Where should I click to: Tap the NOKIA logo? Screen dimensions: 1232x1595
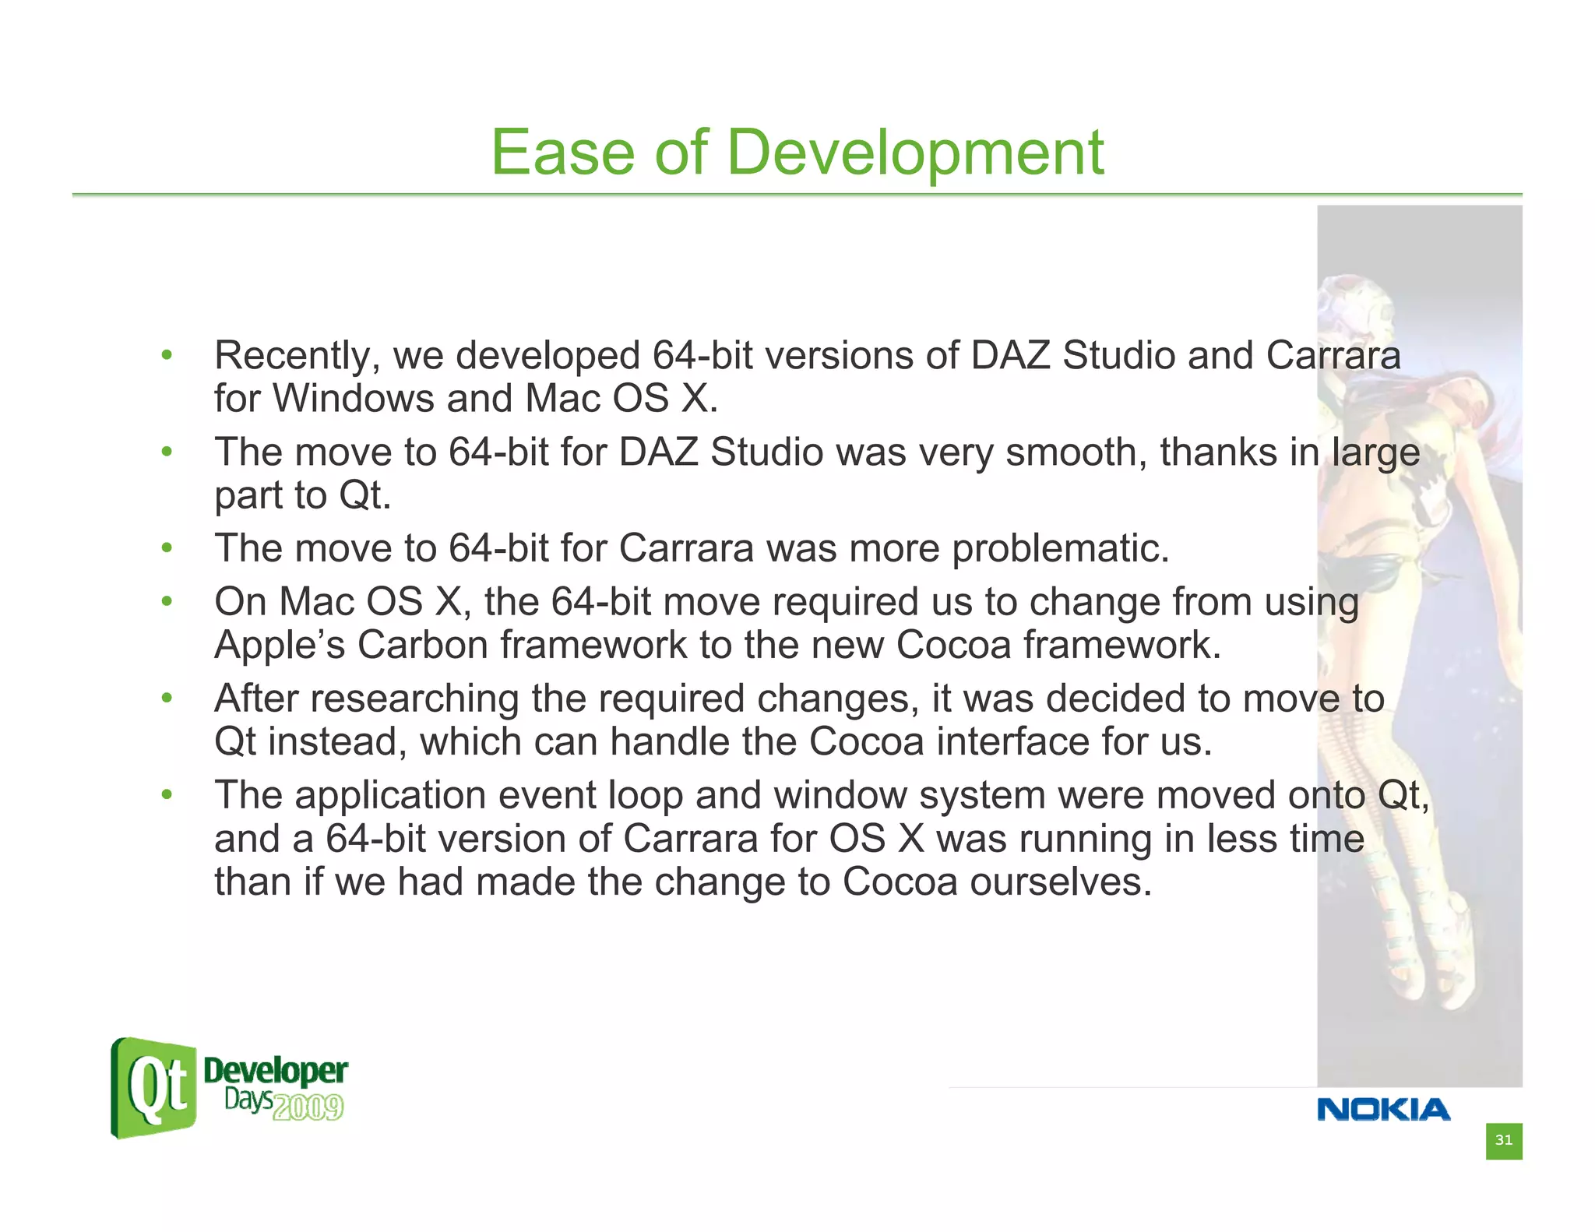(x=1383, y=1109)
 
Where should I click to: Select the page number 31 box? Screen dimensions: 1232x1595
(x=1503, y=1141)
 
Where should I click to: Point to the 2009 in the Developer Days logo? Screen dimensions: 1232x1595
(x=308, y=1107)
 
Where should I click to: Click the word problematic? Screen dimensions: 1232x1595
(x=1060, y=549)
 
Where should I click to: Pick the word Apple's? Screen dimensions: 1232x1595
(x=279, y=646)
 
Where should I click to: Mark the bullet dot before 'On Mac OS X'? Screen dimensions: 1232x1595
(x=166, y=602)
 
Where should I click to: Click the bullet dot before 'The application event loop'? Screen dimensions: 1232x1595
(x=166, y=795)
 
